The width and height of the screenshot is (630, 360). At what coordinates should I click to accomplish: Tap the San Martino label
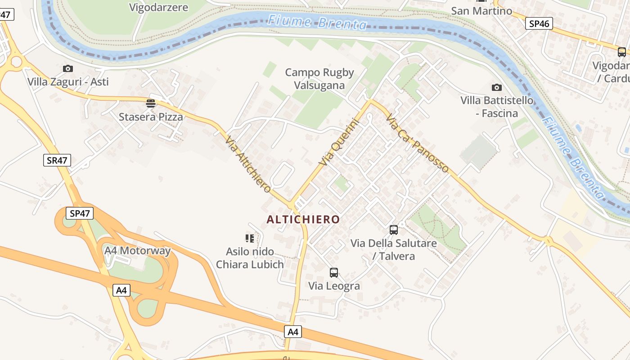click(481, 10)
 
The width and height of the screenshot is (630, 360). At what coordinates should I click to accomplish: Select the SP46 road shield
click(539, 23)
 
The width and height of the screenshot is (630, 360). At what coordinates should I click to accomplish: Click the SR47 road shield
click(57, 160)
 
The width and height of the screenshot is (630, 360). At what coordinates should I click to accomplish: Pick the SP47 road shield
click(80, 213)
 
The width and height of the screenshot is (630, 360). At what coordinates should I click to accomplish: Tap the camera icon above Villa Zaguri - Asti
click(68, 68)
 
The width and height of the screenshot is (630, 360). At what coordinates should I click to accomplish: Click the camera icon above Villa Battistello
click(497, 87)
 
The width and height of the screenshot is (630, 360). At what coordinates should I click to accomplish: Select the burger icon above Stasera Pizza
click(151, 103)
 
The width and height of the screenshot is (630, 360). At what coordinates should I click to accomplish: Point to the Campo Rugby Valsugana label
click(319, 79)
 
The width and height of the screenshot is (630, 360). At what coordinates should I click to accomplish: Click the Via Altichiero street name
click(248, 164)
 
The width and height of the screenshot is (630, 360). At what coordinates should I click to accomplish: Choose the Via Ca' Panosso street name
click(417, 143)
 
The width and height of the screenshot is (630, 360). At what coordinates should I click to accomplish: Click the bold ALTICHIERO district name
click(303, 219)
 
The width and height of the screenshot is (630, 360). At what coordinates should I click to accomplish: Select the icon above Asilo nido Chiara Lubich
click(250, 238)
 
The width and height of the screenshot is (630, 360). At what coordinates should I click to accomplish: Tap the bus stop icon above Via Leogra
click(334, 272)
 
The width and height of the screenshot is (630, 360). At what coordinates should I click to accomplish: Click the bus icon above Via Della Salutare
click(394, 230)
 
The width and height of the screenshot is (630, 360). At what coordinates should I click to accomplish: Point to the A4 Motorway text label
click(137, 251)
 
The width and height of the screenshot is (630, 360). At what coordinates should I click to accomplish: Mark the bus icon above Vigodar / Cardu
click(621, 52)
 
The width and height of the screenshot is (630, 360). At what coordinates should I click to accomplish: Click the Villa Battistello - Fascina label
click(497, 107)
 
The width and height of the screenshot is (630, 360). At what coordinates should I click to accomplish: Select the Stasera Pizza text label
click(151, 117)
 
